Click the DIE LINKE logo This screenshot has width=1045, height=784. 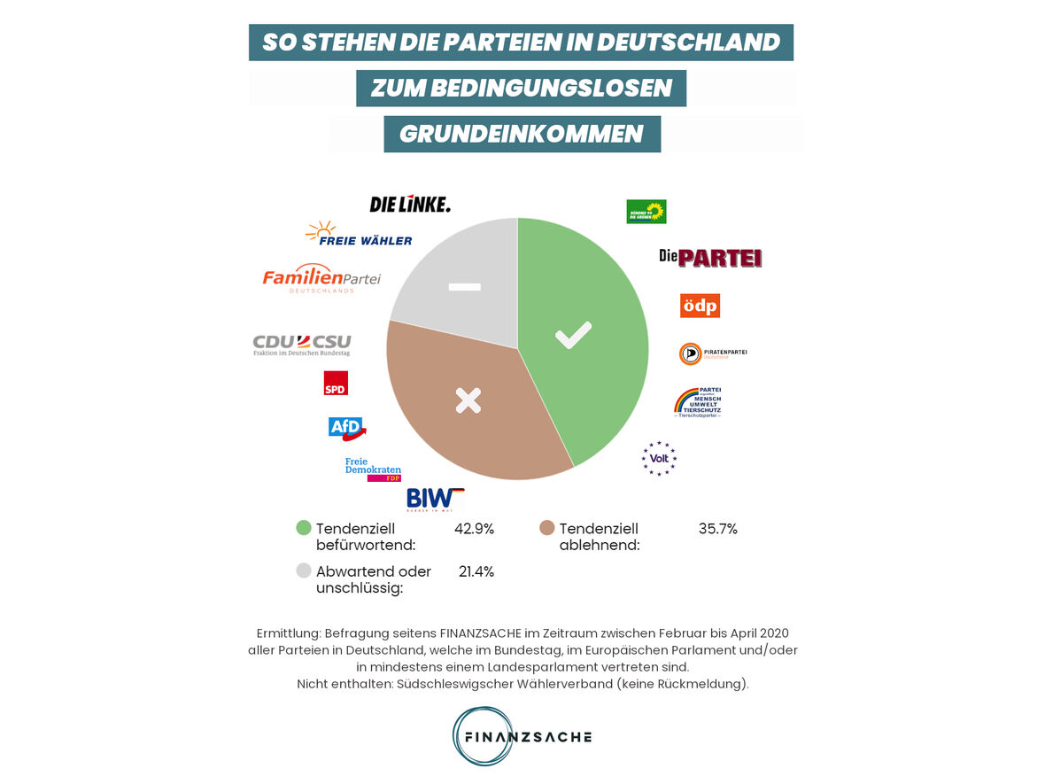click(x=410, y=205)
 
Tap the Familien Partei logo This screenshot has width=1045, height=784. click(x=321, y=278)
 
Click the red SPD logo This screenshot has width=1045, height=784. click(x=336, y=383)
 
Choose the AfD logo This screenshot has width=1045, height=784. click(x=346, y=428)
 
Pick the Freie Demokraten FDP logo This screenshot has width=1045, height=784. click(x=373, y=470)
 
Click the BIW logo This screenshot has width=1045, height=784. click(x=435, y=500)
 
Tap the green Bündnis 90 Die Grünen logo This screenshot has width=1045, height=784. click(x=646, y=212)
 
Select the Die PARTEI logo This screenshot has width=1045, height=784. click(x=710, y=258)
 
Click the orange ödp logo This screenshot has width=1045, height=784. click(x=700, y=306)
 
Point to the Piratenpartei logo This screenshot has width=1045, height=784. click(x=713, y=353)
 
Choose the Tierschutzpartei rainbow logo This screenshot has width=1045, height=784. click(x=699, y=402)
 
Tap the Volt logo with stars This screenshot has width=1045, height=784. click(x=659, y=458)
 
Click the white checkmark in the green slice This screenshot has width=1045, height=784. click(x=573, y=336)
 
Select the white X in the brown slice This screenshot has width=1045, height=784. click(x=468, y=400)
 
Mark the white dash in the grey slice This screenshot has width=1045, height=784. click(x=465, y=286)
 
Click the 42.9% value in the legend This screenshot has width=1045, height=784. click(x=474, y=529)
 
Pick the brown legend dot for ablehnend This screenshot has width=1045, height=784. click(x=546, y=529)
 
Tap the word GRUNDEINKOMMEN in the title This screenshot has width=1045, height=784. click(x=522, y=134)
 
